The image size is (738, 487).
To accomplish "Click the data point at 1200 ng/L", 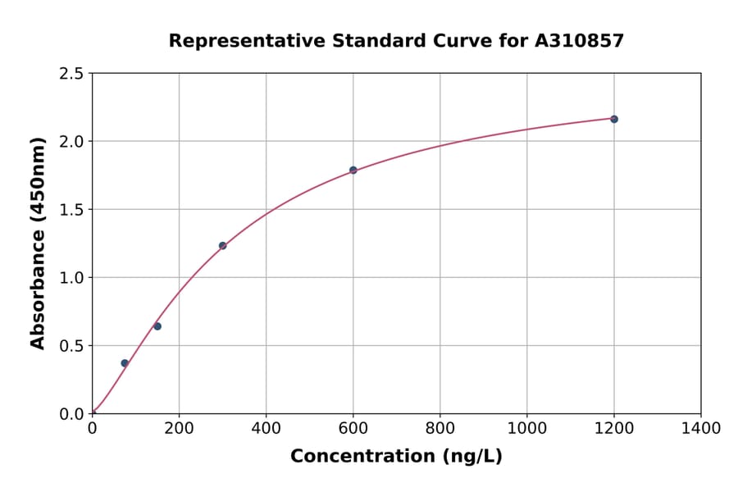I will (613, 119).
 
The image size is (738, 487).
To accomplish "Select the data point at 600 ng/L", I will (353, 171).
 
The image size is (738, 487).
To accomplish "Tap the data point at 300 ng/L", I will (222, 245).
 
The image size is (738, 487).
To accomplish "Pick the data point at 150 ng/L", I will (157, 326).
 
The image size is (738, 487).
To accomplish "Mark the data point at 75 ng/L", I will (125, 363).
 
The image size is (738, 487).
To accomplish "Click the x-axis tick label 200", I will (179, 428).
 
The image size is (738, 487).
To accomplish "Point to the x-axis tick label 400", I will (266, 428).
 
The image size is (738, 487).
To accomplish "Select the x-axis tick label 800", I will (440, 428).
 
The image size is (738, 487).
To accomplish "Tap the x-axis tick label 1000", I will (526, 428).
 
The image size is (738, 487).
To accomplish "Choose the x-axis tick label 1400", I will (700, 428).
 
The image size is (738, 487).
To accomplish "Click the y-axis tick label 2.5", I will (72, 74).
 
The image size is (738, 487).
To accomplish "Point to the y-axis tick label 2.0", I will (72, 142).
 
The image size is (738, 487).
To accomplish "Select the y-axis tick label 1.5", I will (72, 210).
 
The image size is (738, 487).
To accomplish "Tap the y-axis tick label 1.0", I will (72, 278).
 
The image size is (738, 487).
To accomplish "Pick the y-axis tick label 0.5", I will (72, 346).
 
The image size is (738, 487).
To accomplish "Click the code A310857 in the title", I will (579, 40).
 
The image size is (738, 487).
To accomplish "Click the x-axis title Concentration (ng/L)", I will (396, 457).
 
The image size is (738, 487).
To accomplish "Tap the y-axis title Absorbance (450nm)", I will (38, 243).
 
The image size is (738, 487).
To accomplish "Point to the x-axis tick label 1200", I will (613, 428).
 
